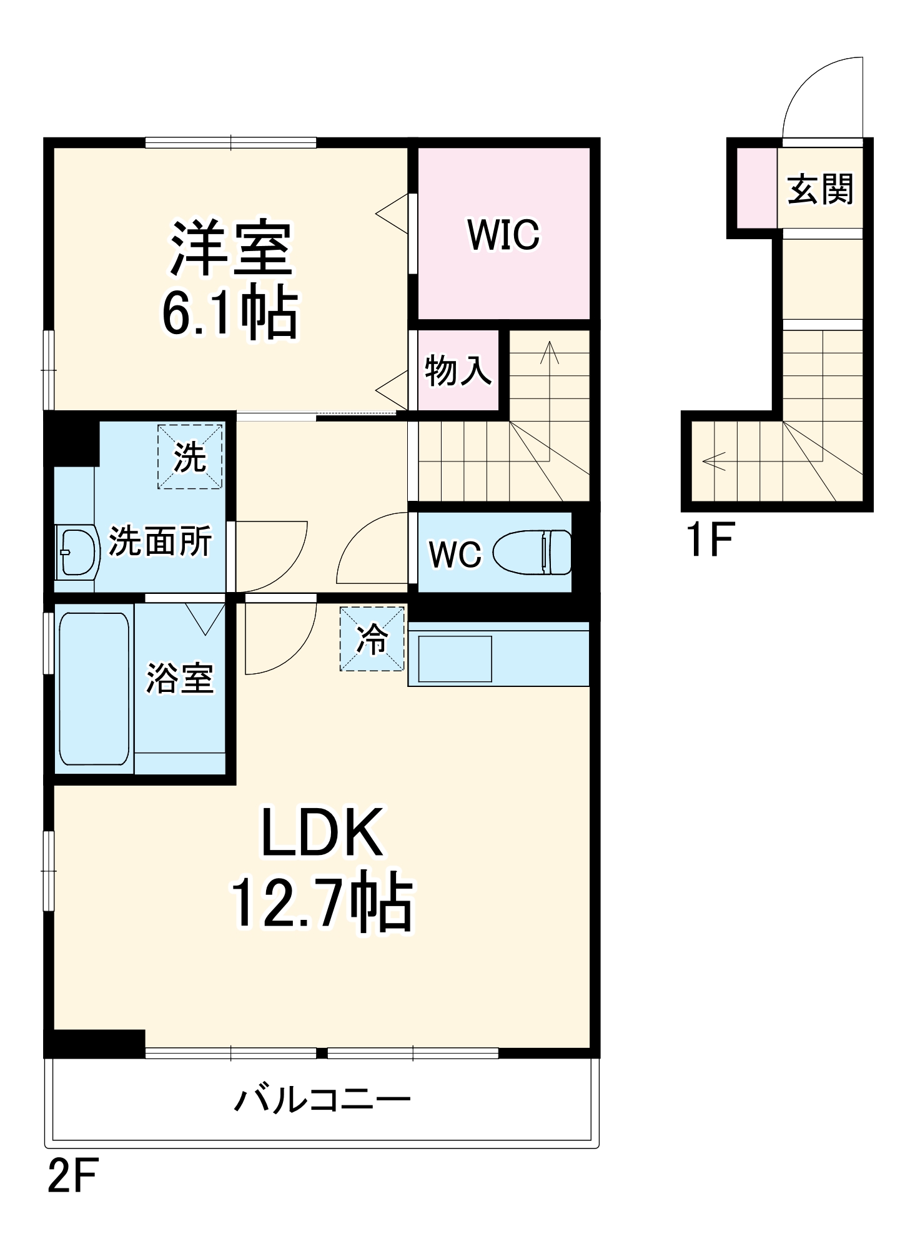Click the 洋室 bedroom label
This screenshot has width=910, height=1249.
click(231, 248)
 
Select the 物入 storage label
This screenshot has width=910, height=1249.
click(458, 370)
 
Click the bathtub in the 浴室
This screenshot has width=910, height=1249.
click(94, 688)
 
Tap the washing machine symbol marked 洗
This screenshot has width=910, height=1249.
click(190, 457)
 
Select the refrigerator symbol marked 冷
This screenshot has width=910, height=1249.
click(372, 639)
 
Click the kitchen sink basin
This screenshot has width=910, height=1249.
click(455, 659)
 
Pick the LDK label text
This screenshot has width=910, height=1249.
click(322, 832)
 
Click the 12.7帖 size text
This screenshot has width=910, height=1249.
click(322, 904)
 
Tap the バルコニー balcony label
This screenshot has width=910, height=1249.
click(322, 1099)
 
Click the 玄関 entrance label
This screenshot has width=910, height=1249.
click(819, 189)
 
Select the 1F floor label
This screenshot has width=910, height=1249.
click(710, 539)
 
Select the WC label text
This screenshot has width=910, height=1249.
click(455, 554)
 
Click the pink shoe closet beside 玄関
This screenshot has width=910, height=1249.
click(756, 188)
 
